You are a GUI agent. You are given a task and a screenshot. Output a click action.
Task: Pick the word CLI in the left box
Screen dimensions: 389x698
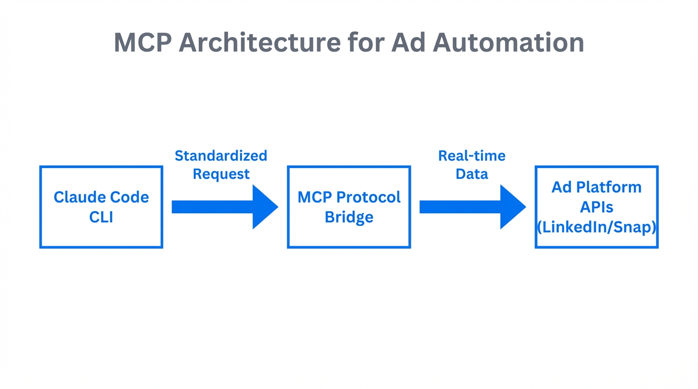pyautogui.click(x=101, y=217)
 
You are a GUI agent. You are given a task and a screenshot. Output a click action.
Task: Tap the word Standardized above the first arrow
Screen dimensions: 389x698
pyautogui.click(x=221, y=155)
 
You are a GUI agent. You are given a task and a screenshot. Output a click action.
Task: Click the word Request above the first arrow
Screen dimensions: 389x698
pyautogui.click(x=221, y=174)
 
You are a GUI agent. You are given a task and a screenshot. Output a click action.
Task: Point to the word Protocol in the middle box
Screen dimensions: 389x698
pyautogui.click(x=368, y=197)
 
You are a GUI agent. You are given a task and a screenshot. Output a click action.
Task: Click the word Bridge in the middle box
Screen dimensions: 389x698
pyautogui.click(x=348, y=217)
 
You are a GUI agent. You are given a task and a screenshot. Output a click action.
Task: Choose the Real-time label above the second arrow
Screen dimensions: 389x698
pyautogui.click(x=472, y=155)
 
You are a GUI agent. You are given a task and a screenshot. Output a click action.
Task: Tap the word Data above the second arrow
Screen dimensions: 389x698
pyautogui.click(x=472, y=174)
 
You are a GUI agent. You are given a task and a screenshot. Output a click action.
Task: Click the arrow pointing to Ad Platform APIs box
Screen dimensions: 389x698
pyautogui.click(x=472, y=207)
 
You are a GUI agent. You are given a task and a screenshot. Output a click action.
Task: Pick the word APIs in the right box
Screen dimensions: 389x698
pyautogui.click(x=597, y=207)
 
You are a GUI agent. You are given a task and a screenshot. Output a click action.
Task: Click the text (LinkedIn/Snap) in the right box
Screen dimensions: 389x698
pyautogui.click(x=597, y=227)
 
